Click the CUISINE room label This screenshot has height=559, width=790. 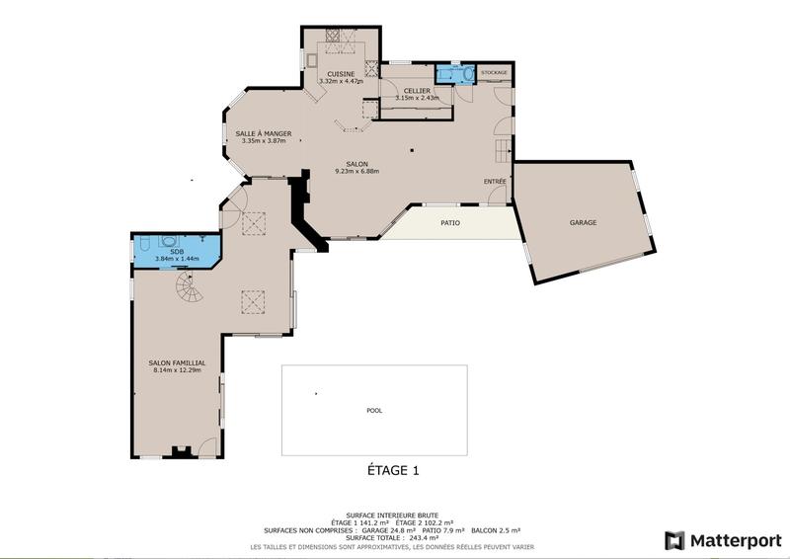[x=342, y=73]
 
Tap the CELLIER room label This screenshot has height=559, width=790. [x=416, y=90]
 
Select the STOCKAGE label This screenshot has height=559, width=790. [x=494, y=72]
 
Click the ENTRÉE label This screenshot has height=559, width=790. [x=495, y=182]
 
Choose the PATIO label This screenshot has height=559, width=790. [x=449, y=222]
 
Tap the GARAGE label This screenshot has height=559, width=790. [x=583, y=222]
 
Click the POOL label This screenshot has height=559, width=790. [x=373, y=410]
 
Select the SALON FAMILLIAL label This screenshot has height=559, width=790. [x=177, y=362]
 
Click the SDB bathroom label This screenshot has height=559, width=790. [x=177, y=251]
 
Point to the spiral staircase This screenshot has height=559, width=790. [x=188, y=289]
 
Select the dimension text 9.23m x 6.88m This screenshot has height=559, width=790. [x=356, y=172]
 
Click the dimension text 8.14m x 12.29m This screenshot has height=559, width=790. [x=177, y=370]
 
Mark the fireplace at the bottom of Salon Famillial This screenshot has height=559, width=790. [x=181, y=452]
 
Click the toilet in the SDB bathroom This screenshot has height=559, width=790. [x=142, y=242]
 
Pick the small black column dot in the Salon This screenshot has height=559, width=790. [x=413, y=151]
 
